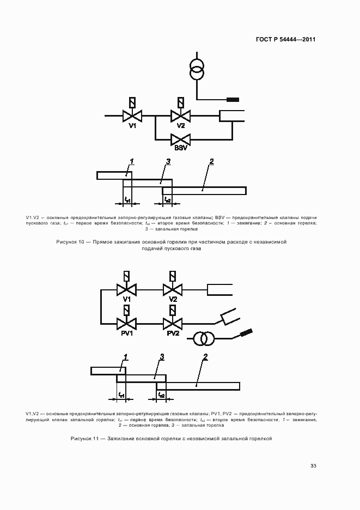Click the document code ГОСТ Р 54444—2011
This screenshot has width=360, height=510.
tap(286, 39)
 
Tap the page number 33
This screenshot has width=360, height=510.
tap(313, 466)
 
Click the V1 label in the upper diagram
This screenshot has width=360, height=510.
tap(132, 126)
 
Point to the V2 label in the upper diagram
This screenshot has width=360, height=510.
tap(180, 126)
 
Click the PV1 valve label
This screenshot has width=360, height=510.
tap(126, 334)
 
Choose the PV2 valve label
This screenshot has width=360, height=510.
tap(173, 334)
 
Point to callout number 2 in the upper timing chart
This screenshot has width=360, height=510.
tap(211, 161)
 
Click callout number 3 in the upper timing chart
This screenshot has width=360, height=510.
tap(169, 161)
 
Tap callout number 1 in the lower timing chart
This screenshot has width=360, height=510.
tap(125, 357)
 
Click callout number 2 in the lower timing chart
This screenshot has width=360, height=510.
tap(205, 357)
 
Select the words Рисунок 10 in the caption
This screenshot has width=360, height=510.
tap(71, 241)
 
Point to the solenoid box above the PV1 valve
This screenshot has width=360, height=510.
tap(126, 311)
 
